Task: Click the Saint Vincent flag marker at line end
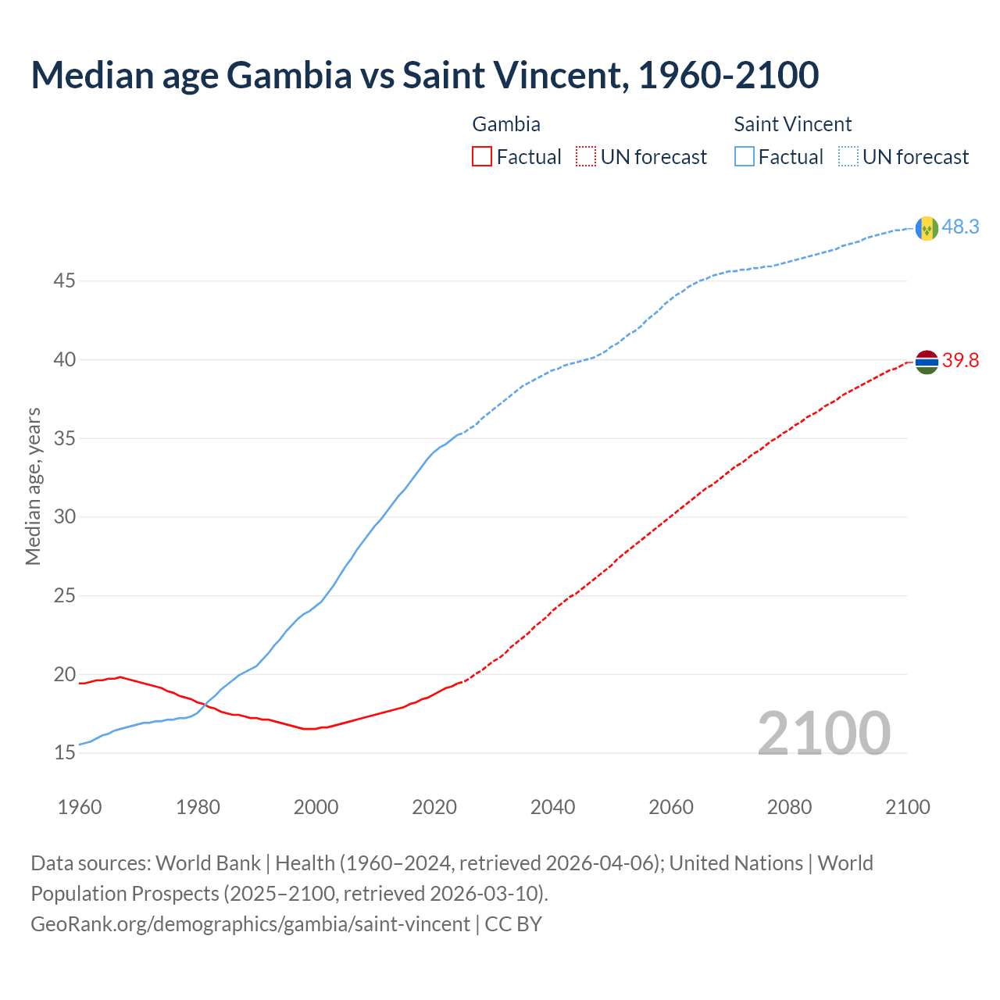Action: click(927, 228)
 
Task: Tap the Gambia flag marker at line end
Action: click(927, 362)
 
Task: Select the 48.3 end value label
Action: click(960, 227)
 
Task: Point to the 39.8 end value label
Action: click(960, 360)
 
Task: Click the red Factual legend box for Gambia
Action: click(482, 157)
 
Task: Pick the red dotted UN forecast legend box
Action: click(586, 157)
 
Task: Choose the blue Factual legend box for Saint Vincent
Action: click(745, 157)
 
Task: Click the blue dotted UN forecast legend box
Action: click(848, 157)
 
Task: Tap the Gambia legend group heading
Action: click(506, 124)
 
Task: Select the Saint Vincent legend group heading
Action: click(792, 124)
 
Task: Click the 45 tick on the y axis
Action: click(64, 280)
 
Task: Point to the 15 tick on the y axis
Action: click(64, 753)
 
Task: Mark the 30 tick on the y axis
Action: click(64, 516)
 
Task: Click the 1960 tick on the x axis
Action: click(80, 807)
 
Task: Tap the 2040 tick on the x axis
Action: click(552, 807)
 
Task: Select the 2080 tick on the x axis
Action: click(789, 807)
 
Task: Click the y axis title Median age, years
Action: click(33, 486)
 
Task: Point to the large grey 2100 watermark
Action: click(823, 733)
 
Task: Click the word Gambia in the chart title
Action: click(288, 75)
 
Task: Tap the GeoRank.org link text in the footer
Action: click(250, 924)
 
